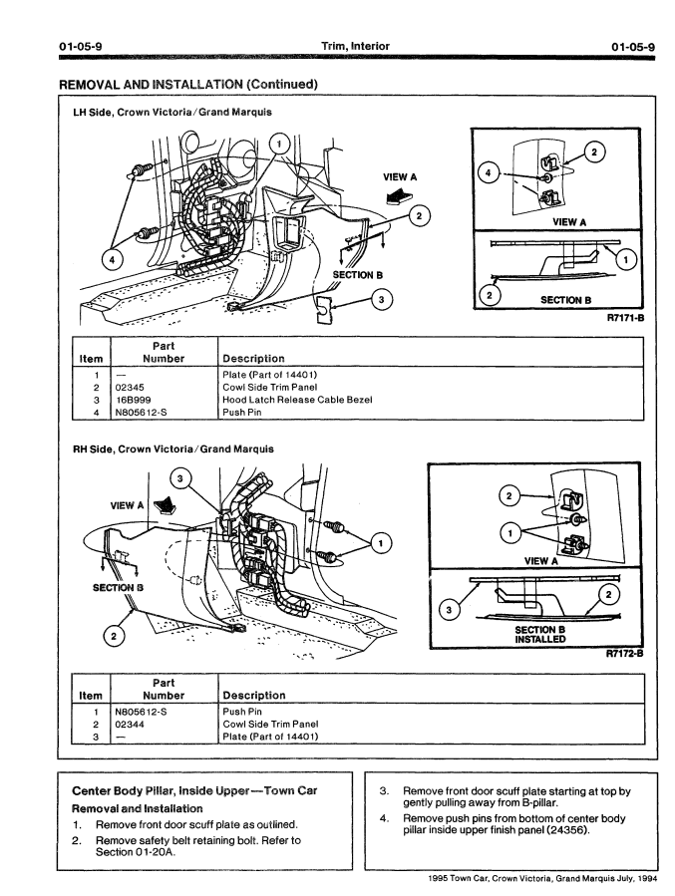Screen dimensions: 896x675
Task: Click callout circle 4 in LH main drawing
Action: pos(117,262)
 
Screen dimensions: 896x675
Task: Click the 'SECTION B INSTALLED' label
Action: pos(540,635)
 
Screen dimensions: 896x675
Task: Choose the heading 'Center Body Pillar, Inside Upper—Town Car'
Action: pos(194,790)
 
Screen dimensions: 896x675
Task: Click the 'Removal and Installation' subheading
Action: pos(137,808)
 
